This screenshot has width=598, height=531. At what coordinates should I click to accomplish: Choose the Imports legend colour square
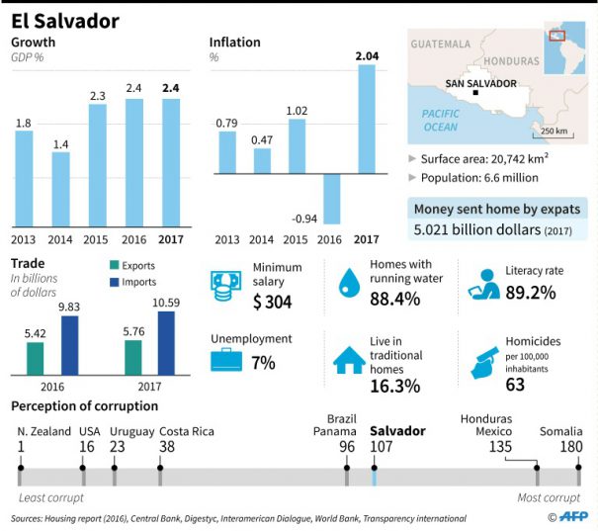pyautogui.click(x=114, y=282)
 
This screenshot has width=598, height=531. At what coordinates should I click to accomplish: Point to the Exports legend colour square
pyautogui.click(x=114, y=265)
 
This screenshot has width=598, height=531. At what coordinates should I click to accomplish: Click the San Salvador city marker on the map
pyautogui.click(x=476, y=92)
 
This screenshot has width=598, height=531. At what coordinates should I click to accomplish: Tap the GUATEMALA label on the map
pyautogui.click(x=441, y=44)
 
